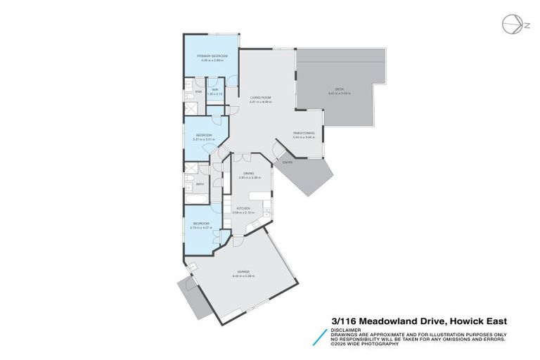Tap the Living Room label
259,98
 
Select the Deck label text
339,89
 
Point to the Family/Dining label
304,134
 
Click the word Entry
288,162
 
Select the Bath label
200,184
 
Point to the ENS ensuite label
199,92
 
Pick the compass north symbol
513,25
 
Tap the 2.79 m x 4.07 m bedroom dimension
203,227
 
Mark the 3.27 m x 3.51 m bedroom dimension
204,139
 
